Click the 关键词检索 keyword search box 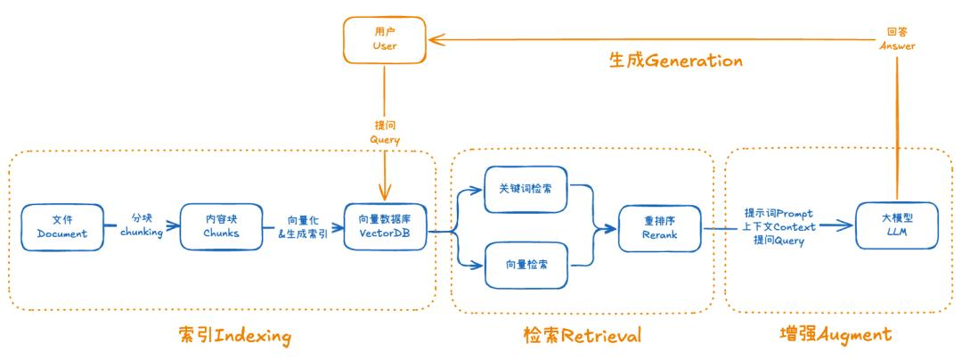click(x=525, y=191)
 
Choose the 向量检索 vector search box click(x=525, y=264)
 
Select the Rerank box click(x=660, y=227)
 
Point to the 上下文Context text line click(x=778, y=227)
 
